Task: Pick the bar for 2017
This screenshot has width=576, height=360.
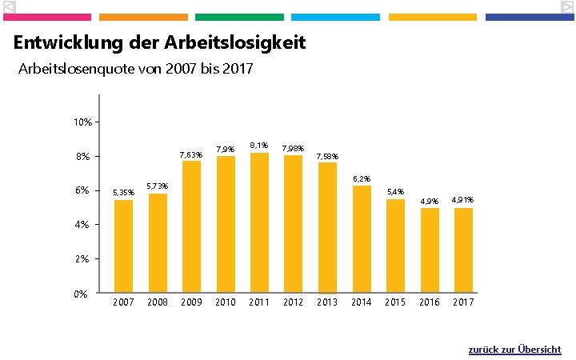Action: point(463,250)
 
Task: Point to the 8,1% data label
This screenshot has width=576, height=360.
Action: point(258,146)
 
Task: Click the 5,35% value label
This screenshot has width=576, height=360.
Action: point(123,193)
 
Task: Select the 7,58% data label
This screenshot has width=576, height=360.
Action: point(327,156)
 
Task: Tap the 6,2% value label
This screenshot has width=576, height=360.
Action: point(362,178)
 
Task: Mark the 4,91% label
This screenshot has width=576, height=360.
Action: point(463,200)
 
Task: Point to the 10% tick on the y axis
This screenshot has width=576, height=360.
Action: point(82,122)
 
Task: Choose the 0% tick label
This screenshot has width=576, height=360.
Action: point(80,294)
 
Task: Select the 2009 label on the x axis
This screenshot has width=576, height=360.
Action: point(191,302)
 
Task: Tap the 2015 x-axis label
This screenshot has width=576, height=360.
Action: point(395,302)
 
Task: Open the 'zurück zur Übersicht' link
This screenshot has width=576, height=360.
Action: point(514,350)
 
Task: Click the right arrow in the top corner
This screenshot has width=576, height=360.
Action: point(566,7)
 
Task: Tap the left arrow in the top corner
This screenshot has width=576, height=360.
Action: point(9,7)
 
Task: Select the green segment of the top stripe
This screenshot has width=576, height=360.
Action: point(239,17)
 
